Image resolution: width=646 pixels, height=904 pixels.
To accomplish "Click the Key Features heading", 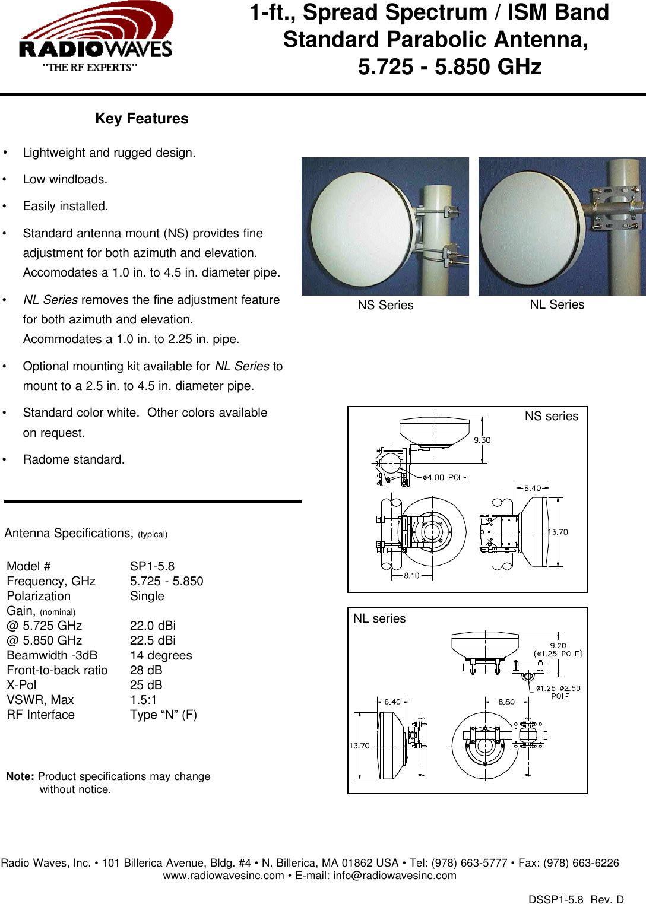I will (141, 119).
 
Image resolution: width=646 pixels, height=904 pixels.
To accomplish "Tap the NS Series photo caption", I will (385, 305).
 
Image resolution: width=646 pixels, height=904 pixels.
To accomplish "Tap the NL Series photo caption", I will (557, 304).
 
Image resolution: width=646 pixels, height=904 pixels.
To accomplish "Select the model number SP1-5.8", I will (152, 566).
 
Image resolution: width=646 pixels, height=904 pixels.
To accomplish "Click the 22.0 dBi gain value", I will (153, 626).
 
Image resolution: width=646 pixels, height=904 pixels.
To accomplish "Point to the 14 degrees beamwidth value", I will (161, 655).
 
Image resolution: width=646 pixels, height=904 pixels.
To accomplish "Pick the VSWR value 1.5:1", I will (143, 700).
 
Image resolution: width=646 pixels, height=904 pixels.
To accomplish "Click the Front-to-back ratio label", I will (57, 670).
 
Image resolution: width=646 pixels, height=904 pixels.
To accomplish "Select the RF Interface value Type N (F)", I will (163, 715).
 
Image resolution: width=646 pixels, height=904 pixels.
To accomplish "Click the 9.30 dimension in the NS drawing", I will (482, 440).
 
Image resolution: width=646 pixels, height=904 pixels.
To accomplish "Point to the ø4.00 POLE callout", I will (445, 477).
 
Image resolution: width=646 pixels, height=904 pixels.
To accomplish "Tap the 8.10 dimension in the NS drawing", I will (411, 575).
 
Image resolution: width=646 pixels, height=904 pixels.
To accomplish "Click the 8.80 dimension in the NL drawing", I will (506, 702).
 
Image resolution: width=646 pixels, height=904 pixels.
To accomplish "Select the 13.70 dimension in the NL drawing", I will (359, 746).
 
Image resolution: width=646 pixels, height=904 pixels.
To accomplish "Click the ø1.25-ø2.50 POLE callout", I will (558, 692).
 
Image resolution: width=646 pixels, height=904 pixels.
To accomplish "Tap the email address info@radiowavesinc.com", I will (394, 876).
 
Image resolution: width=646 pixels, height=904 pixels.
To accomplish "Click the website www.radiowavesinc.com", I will (223, 876).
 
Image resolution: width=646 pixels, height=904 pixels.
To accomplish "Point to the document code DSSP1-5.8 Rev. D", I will (576, 899).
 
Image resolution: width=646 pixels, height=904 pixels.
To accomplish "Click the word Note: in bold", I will (20, 776).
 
